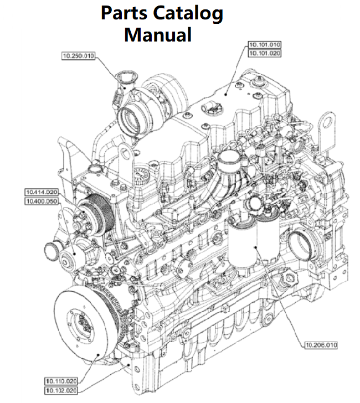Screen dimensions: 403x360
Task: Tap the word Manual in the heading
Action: coord(158,35)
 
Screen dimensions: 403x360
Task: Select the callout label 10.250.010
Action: coord(78,55)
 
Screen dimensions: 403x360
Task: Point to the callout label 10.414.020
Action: coord(41,192)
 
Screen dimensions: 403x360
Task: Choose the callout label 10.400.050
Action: coord(41,200)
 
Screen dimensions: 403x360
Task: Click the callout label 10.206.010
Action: coord(321,345)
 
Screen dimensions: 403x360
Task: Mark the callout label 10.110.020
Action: coord(61,380)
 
